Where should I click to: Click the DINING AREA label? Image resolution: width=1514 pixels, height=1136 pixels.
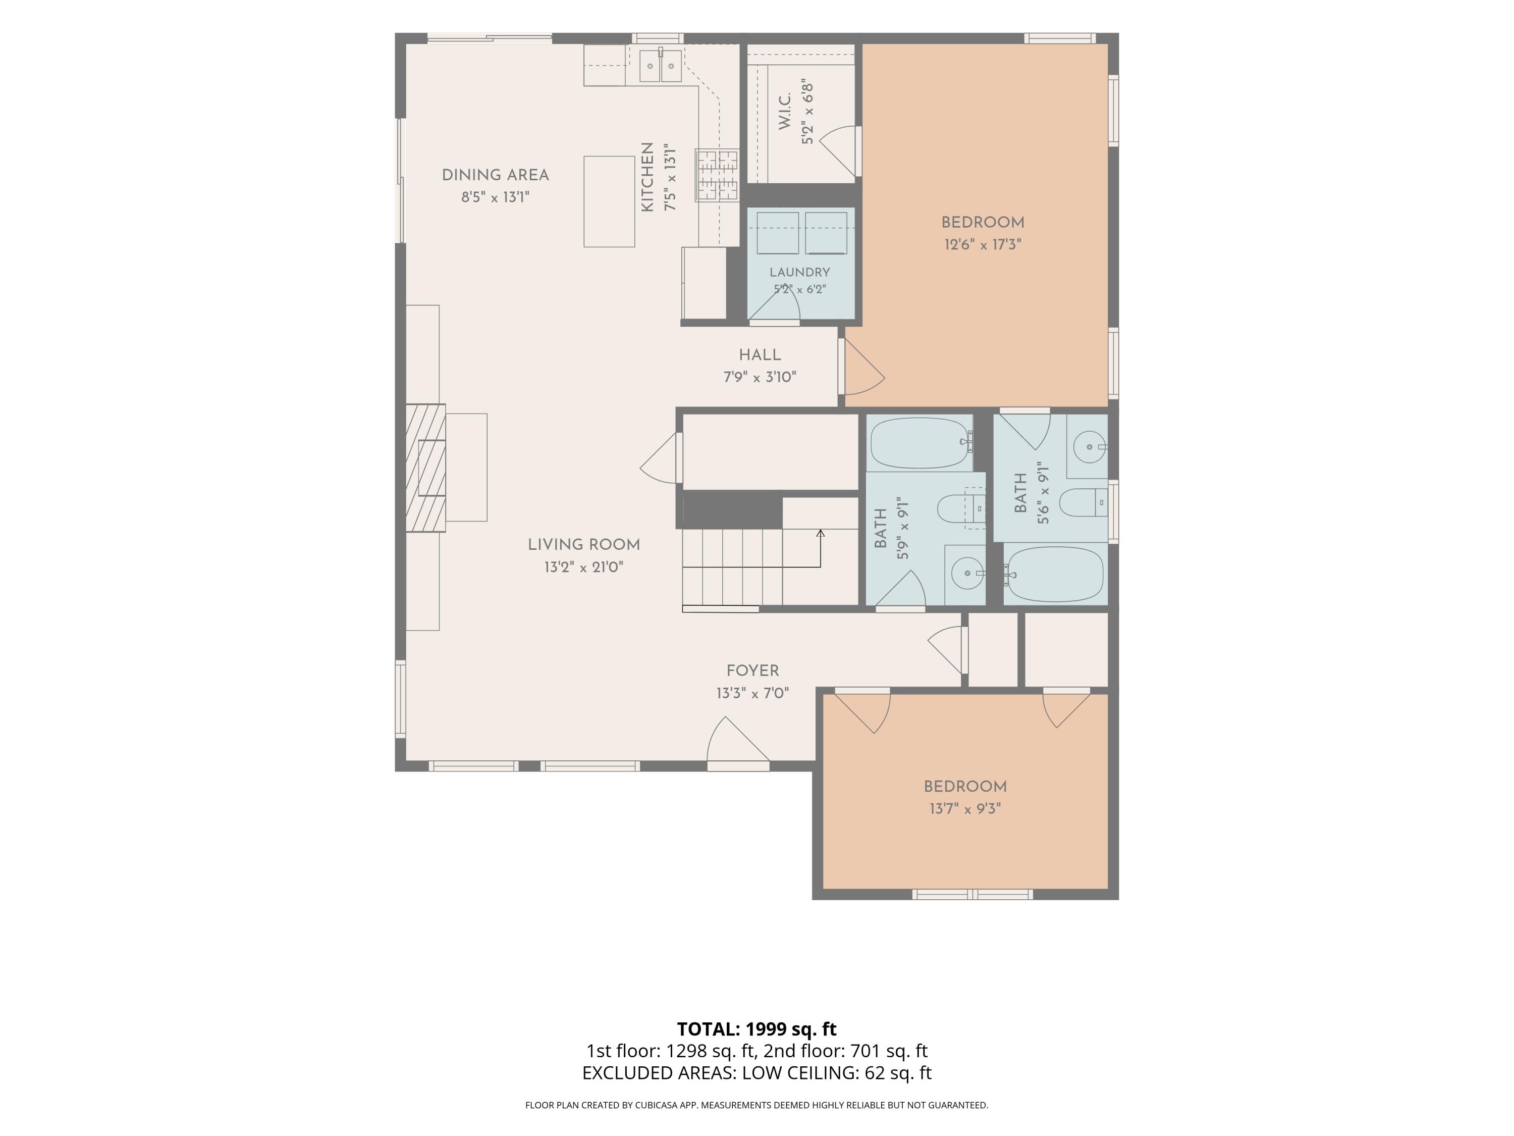(496, 175)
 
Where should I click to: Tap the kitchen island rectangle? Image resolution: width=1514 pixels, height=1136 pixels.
(609, 201)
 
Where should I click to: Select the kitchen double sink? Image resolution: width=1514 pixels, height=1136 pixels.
(661, 66)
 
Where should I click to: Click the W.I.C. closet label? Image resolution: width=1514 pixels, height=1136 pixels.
(785, 112)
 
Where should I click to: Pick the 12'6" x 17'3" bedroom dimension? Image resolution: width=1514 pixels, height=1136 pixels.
(983, 244)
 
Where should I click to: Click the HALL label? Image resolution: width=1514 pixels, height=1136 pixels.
(760, 355)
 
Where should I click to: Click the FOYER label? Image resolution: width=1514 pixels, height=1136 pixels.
(753, 671)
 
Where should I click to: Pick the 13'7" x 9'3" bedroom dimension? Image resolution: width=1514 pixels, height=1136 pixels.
(965, 809)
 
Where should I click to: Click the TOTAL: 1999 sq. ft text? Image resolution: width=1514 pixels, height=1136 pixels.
(756, 1029)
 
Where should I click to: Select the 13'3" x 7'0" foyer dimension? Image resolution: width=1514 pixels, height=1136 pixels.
(753, 694)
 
